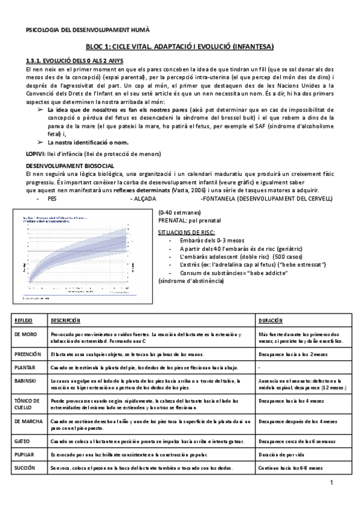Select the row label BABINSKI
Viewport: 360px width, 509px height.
coord(25,381)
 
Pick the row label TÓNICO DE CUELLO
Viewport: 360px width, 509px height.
coord(26,402)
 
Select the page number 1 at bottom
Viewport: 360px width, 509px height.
coord(331,484)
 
